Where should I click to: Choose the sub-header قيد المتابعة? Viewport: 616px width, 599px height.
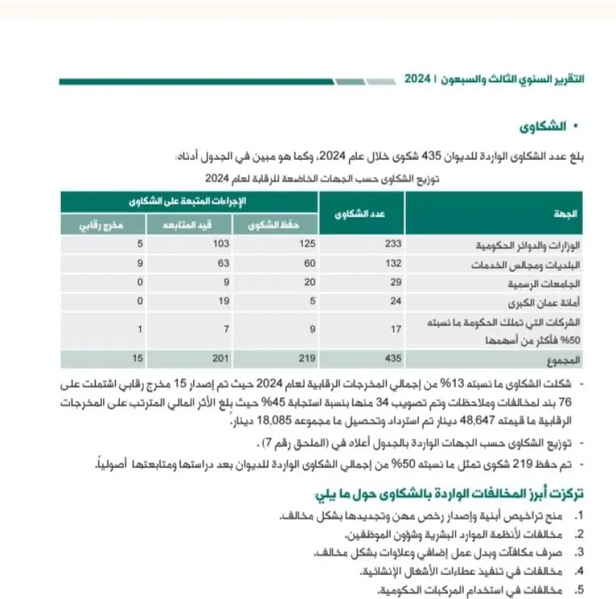189,224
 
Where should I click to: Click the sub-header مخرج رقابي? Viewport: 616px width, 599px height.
102,224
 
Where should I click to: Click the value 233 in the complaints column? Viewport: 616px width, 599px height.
393,244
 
